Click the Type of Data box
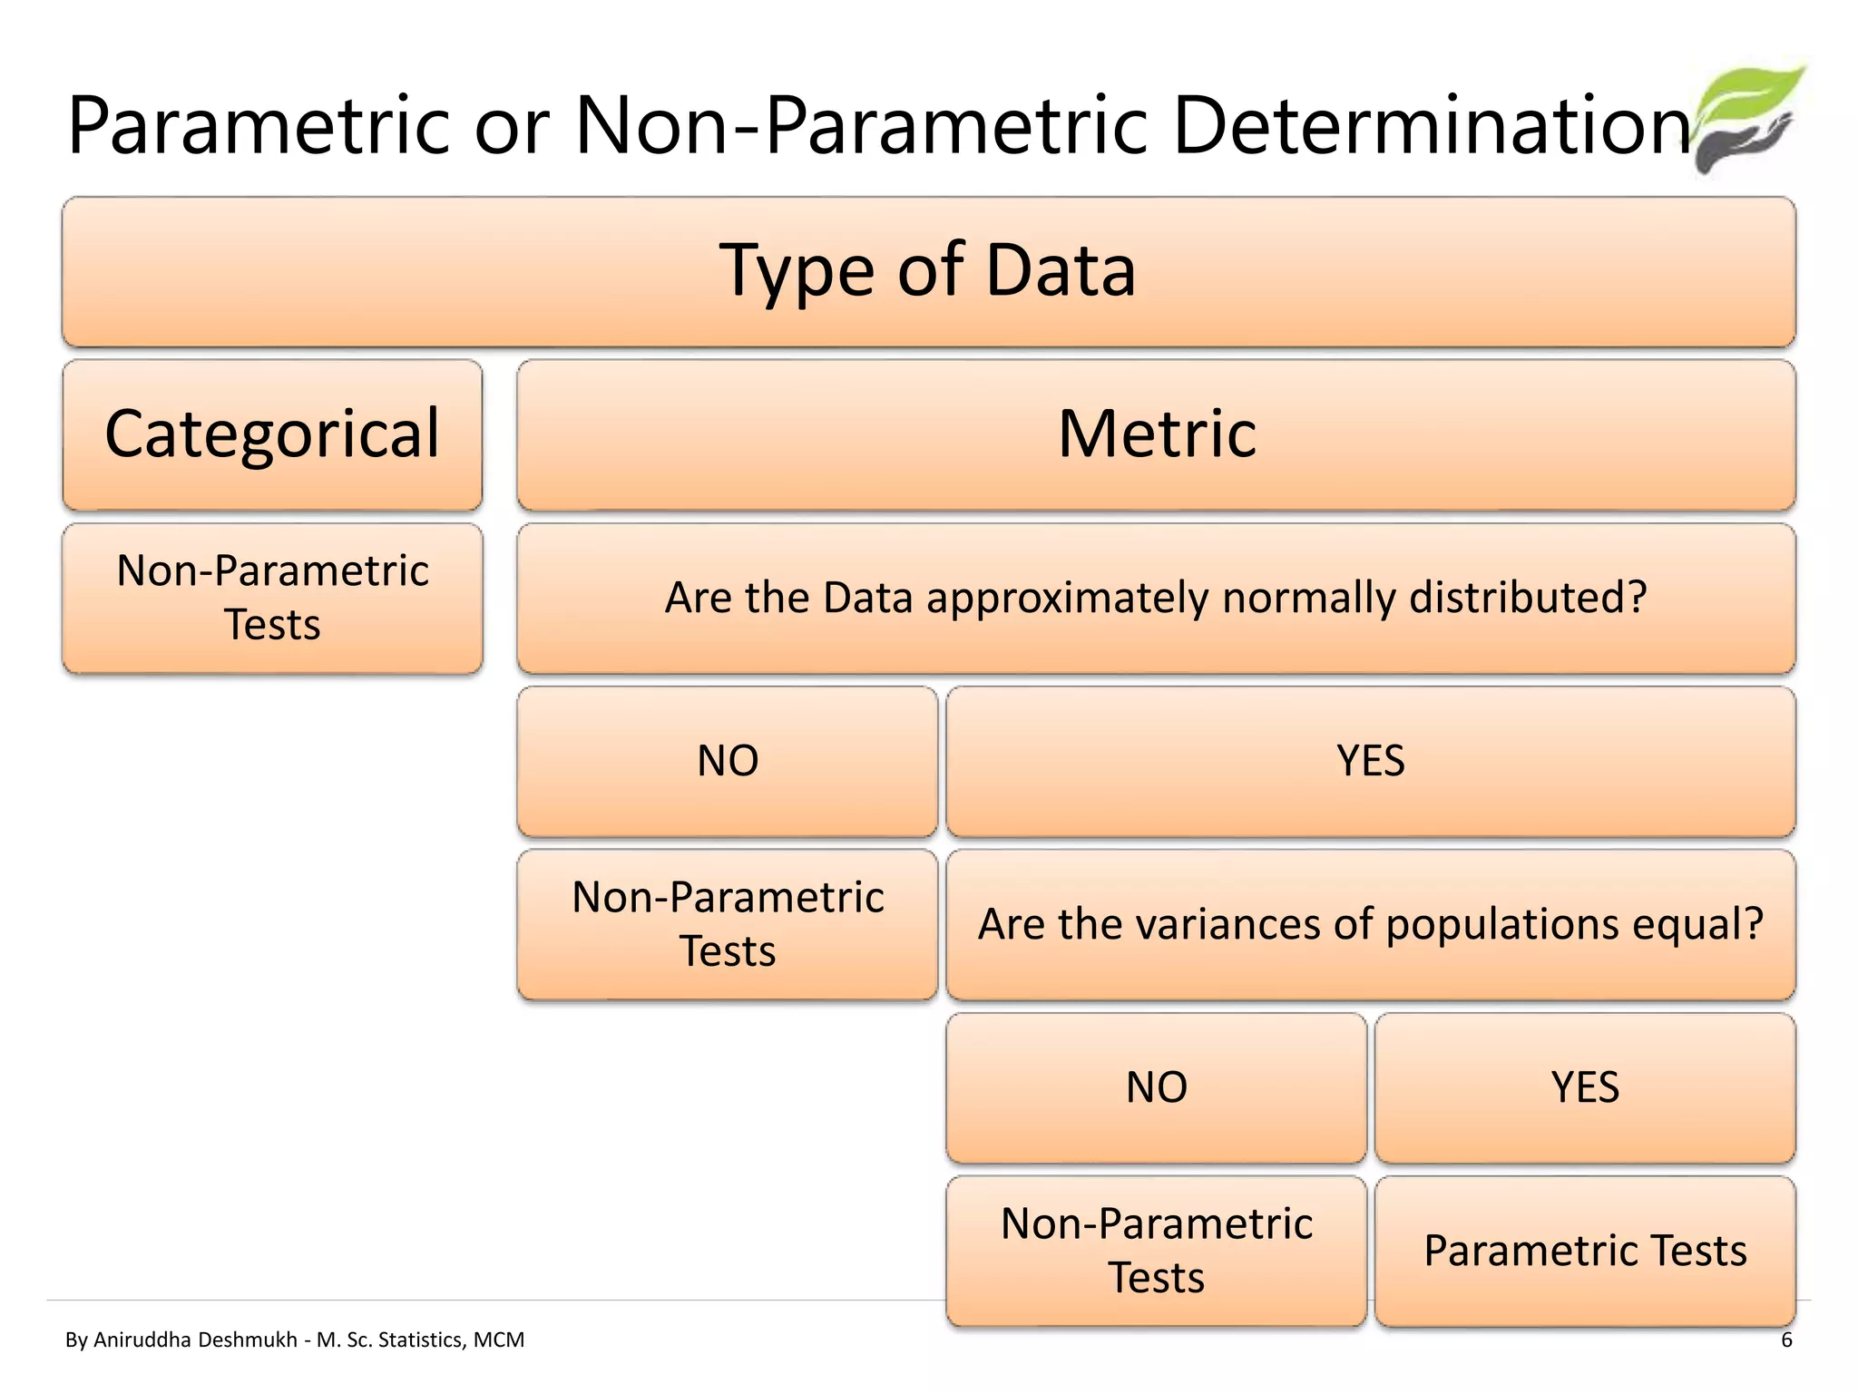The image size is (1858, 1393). pos(928,271)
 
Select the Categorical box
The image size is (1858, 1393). pos(272,434)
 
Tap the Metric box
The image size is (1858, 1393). pos(1156,434)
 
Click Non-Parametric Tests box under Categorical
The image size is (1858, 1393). pos(272,598)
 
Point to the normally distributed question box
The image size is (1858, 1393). pos(1156,598)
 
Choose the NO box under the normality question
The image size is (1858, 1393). pos(727,761)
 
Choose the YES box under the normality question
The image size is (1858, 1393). pos(1370,761)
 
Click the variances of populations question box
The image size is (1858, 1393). pos(1370,924)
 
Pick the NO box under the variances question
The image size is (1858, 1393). pos(1156,1087)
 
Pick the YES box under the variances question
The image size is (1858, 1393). pos(1584,1087)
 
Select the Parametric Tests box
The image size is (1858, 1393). pos(1584,1251)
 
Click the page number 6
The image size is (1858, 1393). pos(1786,1340)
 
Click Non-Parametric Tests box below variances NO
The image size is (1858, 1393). pos(1156,1251)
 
